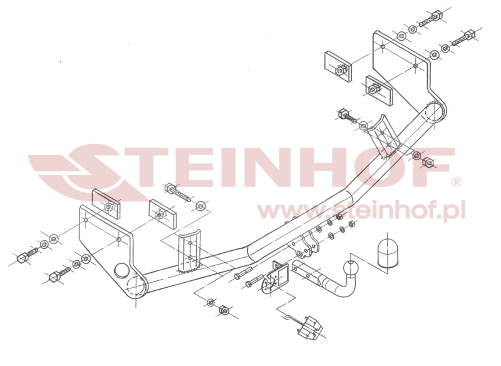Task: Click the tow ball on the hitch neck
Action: (350, 268)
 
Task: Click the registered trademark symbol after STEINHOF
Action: (456, 182)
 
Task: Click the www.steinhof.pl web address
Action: (361, 210)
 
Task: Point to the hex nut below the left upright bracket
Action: (224, 310)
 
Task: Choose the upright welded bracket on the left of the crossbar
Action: (190, 252)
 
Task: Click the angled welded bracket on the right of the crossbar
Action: (385, 136)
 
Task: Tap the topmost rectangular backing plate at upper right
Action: (338, 66)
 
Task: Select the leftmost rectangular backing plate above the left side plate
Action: (106, 203)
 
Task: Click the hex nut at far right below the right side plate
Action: (428, 163)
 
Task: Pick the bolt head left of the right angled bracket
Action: (343, 113)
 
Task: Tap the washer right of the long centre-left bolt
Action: (200, 206)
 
